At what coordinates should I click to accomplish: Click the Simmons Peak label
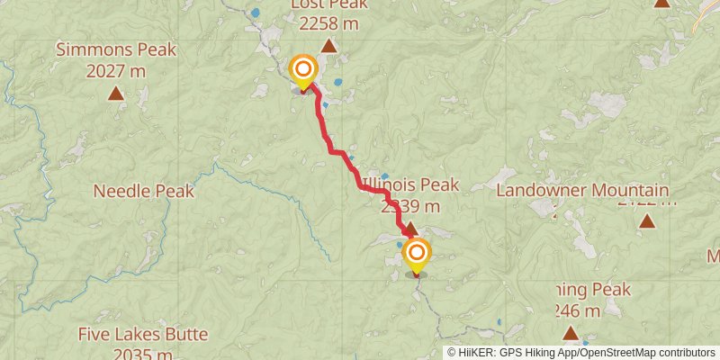(x=116, y=49)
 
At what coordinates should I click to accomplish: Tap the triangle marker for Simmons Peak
(x=116, y=93)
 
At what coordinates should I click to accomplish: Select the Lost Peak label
(x=328, y=5)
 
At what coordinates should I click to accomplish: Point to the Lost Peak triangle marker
(x=329, y=46)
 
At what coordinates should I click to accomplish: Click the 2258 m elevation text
(x=328, y=24)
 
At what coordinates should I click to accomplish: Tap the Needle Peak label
(x=144, y=191)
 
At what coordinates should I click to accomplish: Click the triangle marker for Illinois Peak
(x=410, y=229)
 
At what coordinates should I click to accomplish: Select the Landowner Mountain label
(x=582, y=191)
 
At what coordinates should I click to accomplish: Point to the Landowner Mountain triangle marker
(x=646, y=219)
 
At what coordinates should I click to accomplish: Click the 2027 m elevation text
(x=116, y=69)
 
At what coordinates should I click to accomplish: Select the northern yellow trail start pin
(x=303, y=71)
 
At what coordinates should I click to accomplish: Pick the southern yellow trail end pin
(x=417, y=256)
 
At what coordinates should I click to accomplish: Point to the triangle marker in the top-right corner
(x=661, y=3)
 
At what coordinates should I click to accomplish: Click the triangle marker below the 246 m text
(x=570, y=334)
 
